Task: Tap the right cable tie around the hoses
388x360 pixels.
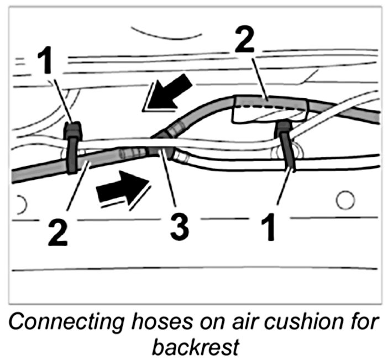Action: (x=286, y=146)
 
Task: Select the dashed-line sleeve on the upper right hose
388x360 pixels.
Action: (x=270, y=108)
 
